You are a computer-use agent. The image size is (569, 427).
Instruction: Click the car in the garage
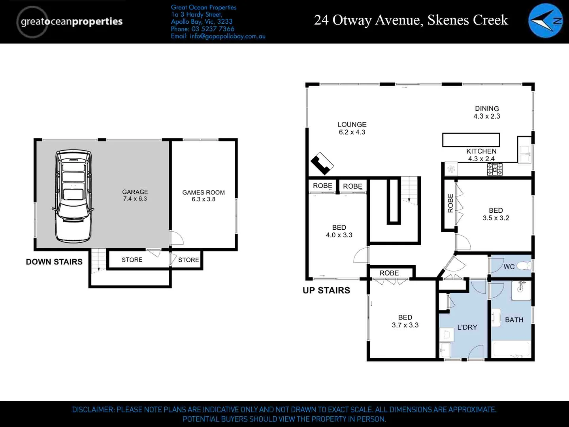(x=73, y=196)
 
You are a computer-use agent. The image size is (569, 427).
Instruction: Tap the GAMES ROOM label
(x=203, y=196)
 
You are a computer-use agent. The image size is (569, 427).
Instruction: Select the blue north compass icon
(x=545, y=21)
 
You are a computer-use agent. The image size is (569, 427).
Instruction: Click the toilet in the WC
(x=524, y=266)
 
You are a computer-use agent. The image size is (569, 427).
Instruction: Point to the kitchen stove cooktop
(x=495, y=170)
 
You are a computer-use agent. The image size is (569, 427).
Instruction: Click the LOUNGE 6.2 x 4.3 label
(x=352, y=128)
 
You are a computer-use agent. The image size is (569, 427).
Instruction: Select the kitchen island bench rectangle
(x=471, y=140)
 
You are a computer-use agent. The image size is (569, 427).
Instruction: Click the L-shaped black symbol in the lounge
(x=322, y=163)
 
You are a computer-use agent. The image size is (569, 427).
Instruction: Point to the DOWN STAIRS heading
(x=54, y=262)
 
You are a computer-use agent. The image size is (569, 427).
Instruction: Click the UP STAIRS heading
(x=326, y=290)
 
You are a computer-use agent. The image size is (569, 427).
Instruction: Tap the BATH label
(x=514, y=320)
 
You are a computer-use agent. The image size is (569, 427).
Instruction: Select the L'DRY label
(x=467, y=327)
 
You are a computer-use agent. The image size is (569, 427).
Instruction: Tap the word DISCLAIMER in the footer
(x=93, y=410)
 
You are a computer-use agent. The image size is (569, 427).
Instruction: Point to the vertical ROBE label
(x=450, y=203)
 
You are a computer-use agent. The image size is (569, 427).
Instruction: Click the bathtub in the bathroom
(x=511, y=349)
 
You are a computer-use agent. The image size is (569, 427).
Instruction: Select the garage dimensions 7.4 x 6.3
(x=135, y=199)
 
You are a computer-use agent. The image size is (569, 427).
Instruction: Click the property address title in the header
(x=411, y=20)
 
